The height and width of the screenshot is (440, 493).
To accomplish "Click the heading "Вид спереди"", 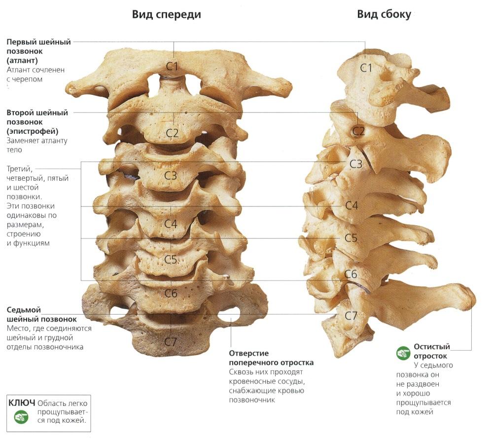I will click(166, 14).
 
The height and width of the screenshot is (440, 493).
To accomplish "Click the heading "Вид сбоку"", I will click(384, 14).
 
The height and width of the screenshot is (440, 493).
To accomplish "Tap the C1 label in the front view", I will click(172, 66).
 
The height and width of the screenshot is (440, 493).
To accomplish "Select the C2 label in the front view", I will click(172, 132).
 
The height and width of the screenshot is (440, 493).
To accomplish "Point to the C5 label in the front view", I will click(171, 259).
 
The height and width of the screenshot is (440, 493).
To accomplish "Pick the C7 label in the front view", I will click(171, 341).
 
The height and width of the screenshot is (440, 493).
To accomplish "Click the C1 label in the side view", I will click(366, 68).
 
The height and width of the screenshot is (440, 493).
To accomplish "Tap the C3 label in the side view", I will click(355, 164).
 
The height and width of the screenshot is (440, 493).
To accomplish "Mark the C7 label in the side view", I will click(351, 315).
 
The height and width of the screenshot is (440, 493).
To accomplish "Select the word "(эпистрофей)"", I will click(33, 131).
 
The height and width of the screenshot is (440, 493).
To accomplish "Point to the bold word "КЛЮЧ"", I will click(22, 402).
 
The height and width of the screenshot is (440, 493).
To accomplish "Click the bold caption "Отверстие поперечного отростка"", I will click(271, 358).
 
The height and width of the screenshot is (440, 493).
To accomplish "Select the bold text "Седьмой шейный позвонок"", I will click(41, 315).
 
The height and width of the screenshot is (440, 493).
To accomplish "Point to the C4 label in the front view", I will click(171, 224).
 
